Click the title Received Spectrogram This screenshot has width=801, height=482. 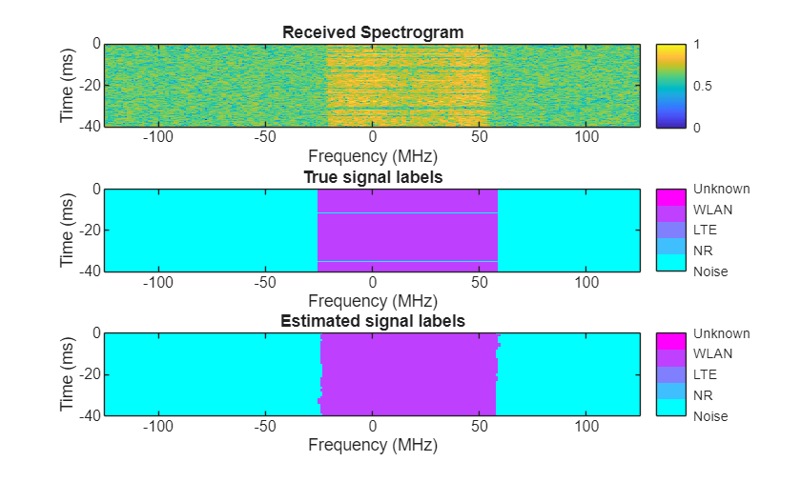373,32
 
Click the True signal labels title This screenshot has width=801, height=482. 373,177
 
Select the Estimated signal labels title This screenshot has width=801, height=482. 373,321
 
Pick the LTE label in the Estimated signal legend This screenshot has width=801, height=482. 706,374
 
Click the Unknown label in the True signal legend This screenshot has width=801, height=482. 721,189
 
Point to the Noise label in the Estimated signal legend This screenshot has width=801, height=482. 710,415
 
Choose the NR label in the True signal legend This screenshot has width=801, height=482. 704,251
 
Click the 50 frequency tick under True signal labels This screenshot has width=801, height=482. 481,283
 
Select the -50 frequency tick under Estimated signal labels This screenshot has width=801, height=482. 265,427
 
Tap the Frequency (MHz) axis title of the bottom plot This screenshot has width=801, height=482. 373,444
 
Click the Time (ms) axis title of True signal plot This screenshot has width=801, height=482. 67,231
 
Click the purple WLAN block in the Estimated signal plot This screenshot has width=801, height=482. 408,374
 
